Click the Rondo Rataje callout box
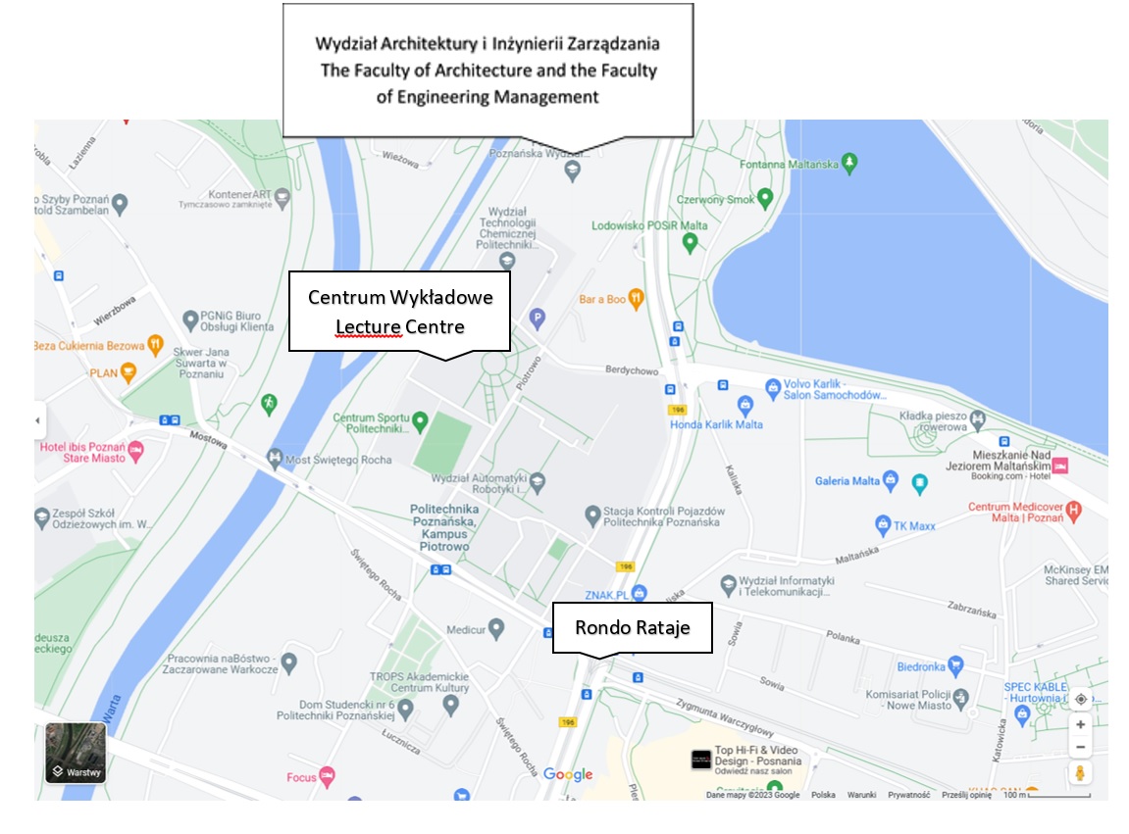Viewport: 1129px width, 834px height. tap(632, 627)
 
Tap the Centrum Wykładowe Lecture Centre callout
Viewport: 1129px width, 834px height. tap(399, 312)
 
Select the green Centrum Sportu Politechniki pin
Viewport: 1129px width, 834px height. tap(420, 422)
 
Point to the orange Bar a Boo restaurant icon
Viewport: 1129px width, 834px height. tap(637, 297)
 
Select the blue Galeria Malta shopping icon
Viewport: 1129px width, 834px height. tap(890, 480)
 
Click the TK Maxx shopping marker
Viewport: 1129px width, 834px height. tap(883, 524)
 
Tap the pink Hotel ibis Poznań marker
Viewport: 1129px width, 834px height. tap(135, 450)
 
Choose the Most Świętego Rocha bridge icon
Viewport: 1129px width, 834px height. tap(274, 458)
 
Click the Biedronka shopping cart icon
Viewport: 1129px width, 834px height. tap(956, 666)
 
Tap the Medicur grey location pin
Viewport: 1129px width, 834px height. tap(497, 627)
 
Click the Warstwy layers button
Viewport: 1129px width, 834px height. tap(76, 753)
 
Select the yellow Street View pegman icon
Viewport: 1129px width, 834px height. tap(1080, 773)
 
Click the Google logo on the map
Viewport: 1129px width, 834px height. tap(568, 774)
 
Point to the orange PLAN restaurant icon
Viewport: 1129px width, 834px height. tap(128, 372)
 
